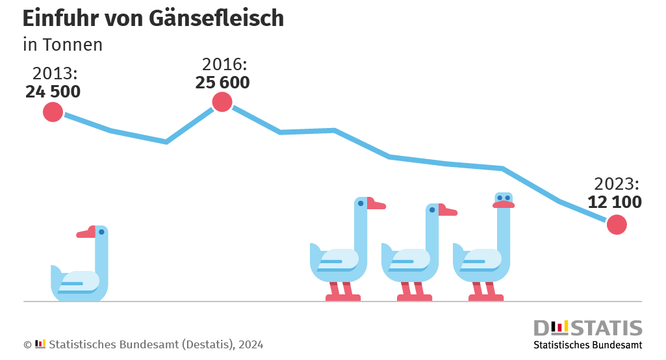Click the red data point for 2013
(53, 112)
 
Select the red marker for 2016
(222, 101)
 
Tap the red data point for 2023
(617, 225)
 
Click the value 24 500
(53, 92)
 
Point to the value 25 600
(222, 82)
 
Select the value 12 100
(615, 202)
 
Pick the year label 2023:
(617, 183)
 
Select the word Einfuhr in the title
(54, 19)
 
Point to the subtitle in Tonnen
(62, 45)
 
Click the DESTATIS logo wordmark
(587, 328)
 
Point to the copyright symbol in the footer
(27, 344)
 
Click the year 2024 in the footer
(250, 344)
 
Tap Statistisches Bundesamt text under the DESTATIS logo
(587, 344)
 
